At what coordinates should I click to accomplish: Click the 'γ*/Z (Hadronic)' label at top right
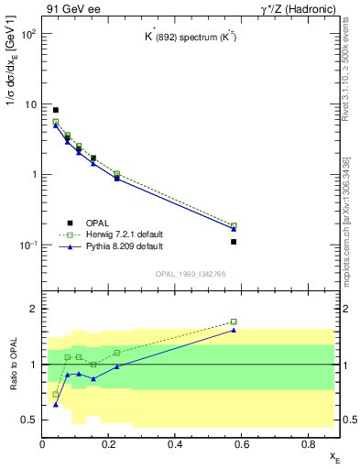coord(300,8)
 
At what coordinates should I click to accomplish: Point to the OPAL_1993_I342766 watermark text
coord(191,274)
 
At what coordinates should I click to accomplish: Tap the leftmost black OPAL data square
coord(56,110)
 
